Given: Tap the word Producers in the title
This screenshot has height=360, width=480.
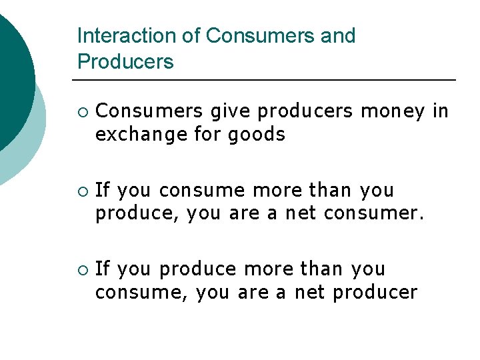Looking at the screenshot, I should click(125, 62).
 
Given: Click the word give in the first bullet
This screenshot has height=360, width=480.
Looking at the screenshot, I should click(229, 111).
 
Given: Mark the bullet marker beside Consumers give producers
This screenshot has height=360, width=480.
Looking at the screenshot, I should click(81, 111).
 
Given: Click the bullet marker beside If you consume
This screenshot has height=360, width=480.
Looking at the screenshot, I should click(81, 191).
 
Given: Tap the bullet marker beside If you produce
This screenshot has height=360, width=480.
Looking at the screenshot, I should click(81, 269).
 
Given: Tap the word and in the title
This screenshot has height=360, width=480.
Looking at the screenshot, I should click(338, 36).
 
